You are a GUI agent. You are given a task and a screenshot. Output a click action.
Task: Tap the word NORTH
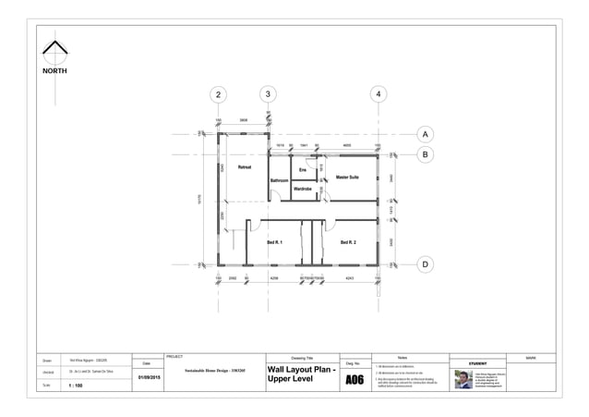tap(54, 70)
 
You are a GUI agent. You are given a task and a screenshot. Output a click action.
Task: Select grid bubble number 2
tap(218, 94)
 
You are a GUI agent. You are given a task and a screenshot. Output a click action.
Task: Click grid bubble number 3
tap(268, 93)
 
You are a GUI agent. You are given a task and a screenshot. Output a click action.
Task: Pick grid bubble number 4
tap(378, 94)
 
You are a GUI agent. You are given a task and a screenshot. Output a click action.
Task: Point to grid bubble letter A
tap(425, 133)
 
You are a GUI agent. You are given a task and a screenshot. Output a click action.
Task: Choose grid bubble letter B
tap(425, 154)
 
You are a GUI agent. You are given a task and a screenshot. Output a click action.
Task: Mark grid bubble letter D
tap(425, 264)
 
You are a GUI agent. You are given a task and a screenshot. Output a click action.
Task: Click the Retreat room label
tap(245, 167)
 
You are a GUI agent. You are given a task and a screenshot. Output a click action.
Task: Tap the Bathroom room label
tap(279, 180)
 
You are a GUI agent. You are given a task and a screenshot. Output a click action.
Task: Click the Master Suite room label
tap(347, 176)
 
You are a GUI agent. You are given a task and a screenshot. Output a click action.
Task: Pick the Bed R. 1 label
tap(274, 242)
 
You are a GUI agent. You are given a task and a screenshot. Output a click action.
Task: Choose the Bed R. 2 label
tap(348, 242)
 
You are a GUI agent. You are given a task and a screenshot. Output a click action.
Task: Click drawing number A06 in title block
tap(355, 380)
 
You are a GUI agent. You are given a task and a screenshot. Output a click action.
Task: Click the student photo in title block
tap(463, 379)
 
